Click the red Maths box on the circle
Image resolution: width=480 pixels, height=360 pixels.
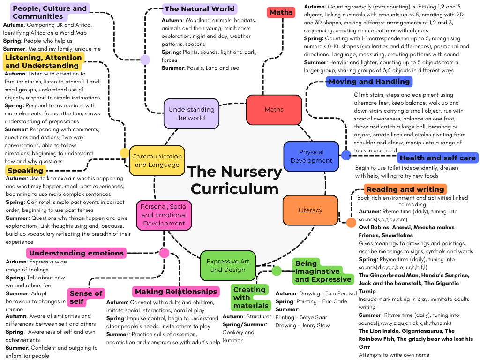point(274,110)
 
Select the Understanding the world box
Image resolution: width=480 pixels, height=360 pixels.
point(191,113)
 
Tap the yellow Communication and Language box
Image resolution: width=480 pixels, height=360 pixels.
point(157,160)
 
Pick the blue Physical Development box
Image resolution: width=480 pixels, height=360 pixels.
point(311,156)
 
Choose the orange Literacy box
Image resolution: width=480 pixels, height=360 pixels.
point(310,210)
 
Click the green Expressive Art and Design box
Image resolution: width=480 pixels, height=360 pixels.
point(228,265)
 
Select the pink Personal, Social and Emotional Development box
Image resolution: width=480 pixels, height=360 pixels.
point(164,215)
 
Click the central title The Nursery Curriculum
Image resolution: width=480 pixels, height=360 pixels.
point(234,180)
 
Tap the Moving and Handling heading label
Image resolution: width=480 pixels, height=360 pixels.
point(369,82)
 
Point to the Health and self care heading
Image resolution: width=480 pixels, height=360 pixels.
point(437,158)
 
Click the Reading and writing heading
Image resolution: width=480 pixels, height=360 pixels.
point(405,189)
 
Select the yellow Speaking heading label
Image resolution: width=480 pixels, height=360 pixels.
point(25,171)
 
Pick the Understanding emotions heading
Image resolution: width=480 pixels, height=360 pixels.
point(76,253)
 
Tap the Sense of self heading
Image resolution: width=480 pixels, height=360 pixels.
point(86,297)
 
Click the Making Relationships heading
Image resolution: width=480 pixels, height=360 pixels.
point(176,292)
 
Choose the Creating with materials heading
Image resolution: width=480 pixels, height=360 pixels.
point(250,298)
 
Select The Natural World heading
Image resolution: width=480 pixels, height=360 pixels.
point(199,8)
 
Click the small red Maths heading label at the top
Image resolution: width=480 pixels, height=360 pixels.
point(281,12)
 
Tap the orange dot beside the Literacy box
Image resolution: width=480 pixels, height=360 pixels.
point(351,222)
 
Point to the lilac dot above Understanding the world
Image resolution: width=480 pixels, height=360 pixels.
point(145,60)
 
